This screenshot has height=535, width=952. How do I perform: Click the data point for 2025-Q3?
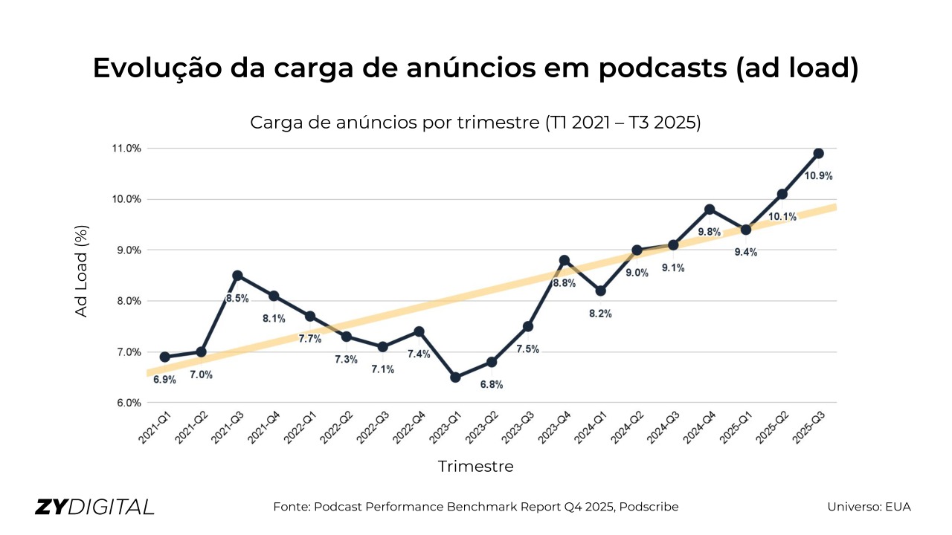[818, 153]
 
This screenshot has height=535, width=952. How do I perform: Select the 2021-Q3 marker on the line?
[237, 276]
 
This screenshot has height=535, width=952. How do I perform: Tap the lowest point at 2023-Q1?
[455, 377]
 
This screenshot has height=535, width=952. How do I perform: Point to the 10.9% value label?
[818, 176]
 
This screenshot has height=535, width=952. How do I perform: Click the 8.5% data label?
[237, 299]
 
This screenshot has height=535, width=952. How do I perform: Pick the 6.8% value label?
[492, 385]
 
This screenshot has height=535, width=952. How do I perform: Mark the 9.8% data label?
[710, 232]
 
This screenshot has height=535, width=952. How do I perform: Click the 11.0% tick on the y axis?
[126, 149]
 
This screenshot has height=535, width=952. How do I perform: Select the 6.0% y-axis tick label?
[126, 403]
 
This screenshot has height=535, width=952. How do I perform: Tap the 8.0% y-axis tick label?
[126, 301]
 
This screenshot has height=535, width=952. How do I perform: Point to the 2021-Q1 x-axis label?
[156, 429]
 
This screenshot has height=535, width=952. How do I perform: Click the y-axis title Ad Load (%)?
[82, 271]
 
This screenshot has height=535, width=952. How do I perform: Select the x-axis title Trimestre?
[475, 467]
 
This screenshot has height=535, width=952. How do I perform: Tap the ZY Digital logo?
[94, 507]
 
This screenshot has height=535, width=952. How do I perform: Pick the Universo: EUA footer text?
[869, 507]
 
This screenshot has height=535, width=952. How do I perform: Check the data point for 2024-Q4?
[710, 210]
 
